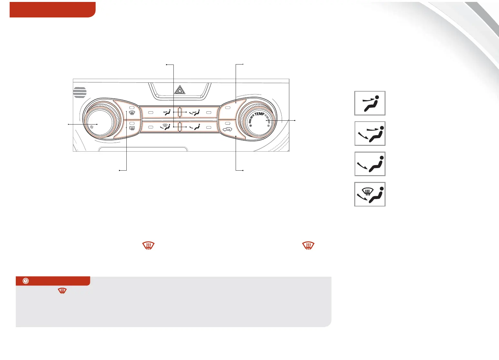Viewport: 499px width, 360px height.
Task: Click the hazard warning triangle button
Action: click(x=180, y=91)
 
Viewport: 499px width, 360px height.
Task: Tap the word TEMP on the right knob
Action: click(x=259, y=114)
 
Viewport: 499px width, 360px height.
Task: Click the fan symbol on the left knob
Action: click(x=92, y=127)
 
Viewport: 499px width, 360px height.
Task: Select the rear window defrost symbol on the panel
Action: click(x=132, y=128)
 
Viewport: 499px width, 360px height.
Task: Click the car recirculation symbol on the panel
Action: click(x=228, y=130)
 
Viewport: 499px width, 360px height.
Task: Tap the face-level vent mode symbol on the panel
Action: click(x=167, y=112)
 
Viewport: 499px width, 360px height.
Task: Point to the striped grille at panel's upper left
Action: click(x=80, y=92)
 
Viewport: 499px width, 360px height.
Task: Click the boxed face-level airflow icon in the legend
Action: click(x=370, y=103)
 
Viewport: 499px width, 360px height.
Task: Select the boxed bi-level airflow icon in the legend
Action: click(x=370, y=134)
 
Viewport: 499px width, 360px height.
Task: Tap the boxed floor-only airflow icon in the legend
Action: click(x=370, y=164)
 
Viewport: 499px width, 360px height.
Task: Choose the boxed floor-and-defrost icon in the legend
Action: click(x=370, y=194)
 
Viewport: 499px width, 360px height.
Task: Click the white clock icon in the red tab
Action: click(x=26, y=281)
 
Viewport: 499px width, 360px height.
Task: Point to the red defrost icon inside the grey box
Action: click(x=62, y=291)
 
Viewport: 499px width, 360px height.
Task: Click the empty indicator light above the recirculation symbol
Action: click(x=227, y=124)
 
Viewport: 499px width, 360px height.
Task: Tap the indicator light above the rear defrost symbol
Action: click(x=131, y=124)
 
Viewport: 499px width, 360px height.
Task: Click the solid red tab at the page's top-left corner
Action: click(x=53, y=9)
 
